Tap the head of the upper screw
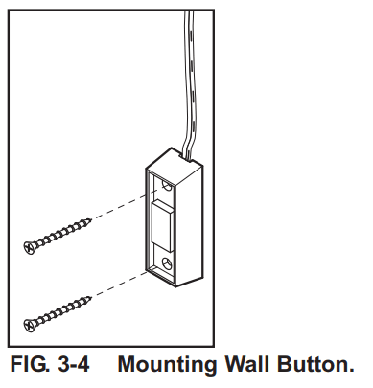point(29,246)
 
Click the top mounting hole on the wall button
point(168,179)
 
